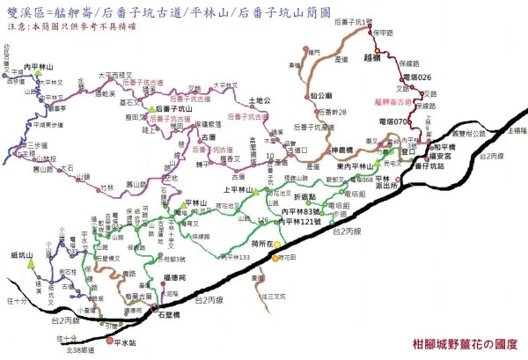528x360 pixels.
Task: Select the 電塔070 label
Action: (x=395, y=121)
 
